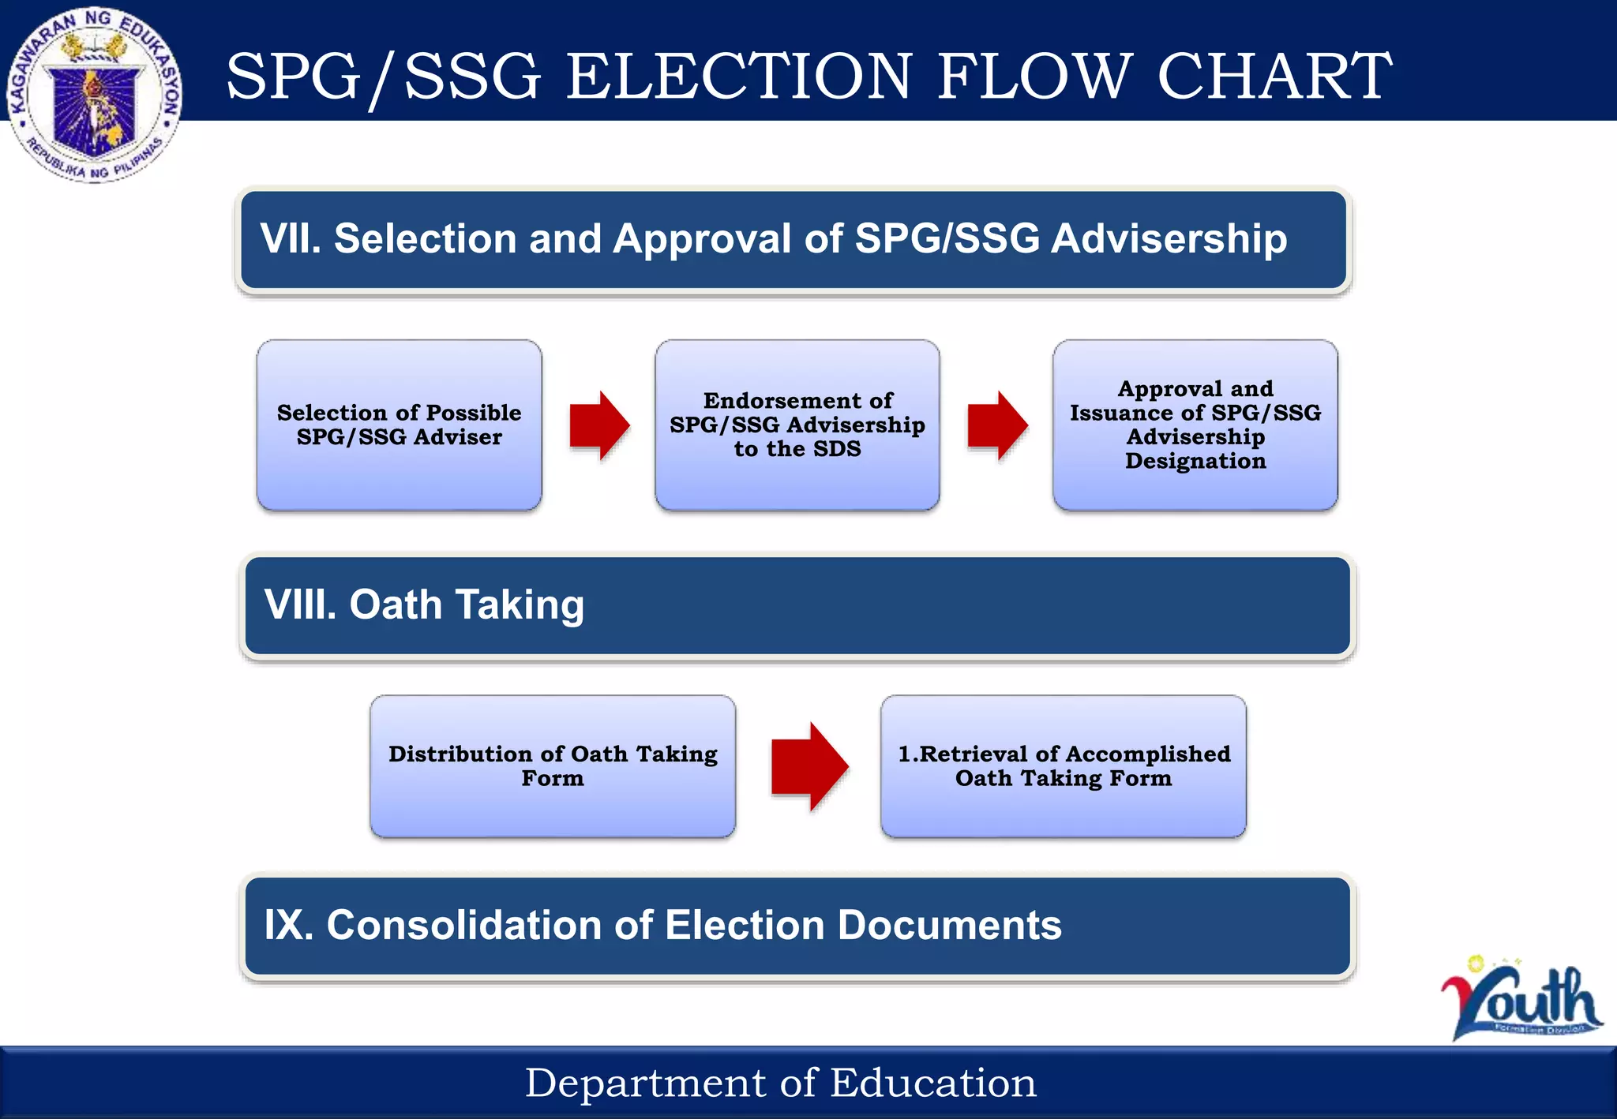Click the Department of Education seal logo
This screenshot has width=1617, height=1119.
(95, 95)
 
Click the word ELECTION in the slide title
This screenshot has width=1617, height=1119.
(739, 77)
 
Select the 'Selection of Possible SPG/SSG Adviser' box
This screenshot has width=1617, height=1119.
(399, 425)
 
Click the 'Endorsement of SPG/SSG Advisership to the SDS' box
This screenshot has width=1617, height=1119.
(797, 425)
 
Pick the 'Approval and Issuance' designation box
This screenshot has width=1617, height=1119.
(1195, 425)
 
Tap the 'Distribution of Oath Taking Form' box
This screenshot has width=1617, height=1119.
(553, 765)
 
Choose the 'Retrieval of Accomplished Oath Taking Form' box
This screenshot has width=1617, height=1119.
(1064, 765)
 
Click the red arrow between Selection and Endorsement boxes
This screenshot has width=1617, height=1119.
(599, 425)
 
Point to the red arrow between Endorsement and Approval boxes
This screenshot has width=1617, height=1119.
(997, 425)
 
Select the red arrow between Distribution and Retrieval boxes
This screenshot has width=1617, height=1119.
(809, 765)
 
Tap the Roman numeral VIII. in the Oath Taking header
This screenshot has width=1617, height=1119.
(300, 604)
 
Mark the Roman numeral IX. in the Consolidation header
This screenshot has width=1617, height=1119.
(288, 925)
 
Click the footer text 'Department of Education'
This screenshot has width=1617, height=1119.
(780, 1083)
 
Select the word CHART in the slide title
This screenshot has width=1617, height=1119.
(1274, 77)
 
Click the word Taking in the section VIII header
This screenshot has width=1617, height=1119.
(520, 604)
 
